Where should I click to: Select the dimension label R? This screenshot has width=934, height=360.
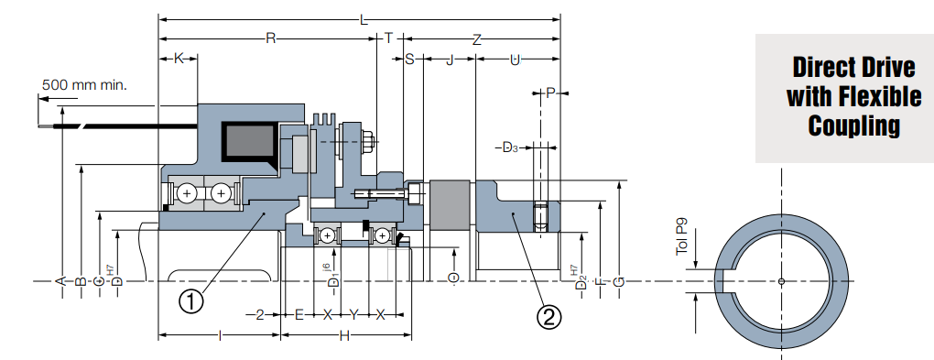click(x=270, y=38)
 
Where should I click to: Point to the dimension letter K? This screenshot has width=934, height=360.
click(x=179, y=59)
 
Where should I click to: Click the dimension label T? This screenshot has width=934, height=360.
click(x=389, y=38)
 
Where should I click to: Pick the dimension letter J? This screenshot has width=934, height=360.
click(x=450, y=60)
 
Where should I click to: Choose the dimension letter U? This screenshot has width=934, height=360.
click(x=516, y=60)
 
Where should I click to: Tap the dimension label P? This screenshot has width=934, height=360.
click(x=550, y=93)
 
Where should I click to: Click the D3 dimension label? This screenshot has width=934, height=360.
click(x=511, y=147)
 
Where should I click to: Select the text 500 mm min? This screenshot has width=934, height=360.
click(x=84, y=85)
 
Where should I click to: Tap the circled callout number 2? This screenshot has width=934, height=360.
click(x=548, y=317)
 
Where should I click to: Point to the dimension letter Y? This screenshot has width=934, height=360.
click(x=353, y=314)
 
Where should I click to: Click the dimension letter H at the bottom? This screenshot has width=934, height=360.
click(x=344, y=336)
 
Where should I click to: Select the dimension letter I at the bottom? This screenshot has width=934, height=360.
click(x=220, y=336)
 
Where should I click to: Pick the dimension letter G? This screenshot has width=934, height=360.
click(x=620, y=280)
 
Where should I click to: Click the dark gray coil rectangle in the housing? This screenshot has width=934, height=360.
click(x=248, y=143)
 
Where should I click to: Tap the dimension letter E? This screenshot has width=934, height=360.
click(x=299, y=314)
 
